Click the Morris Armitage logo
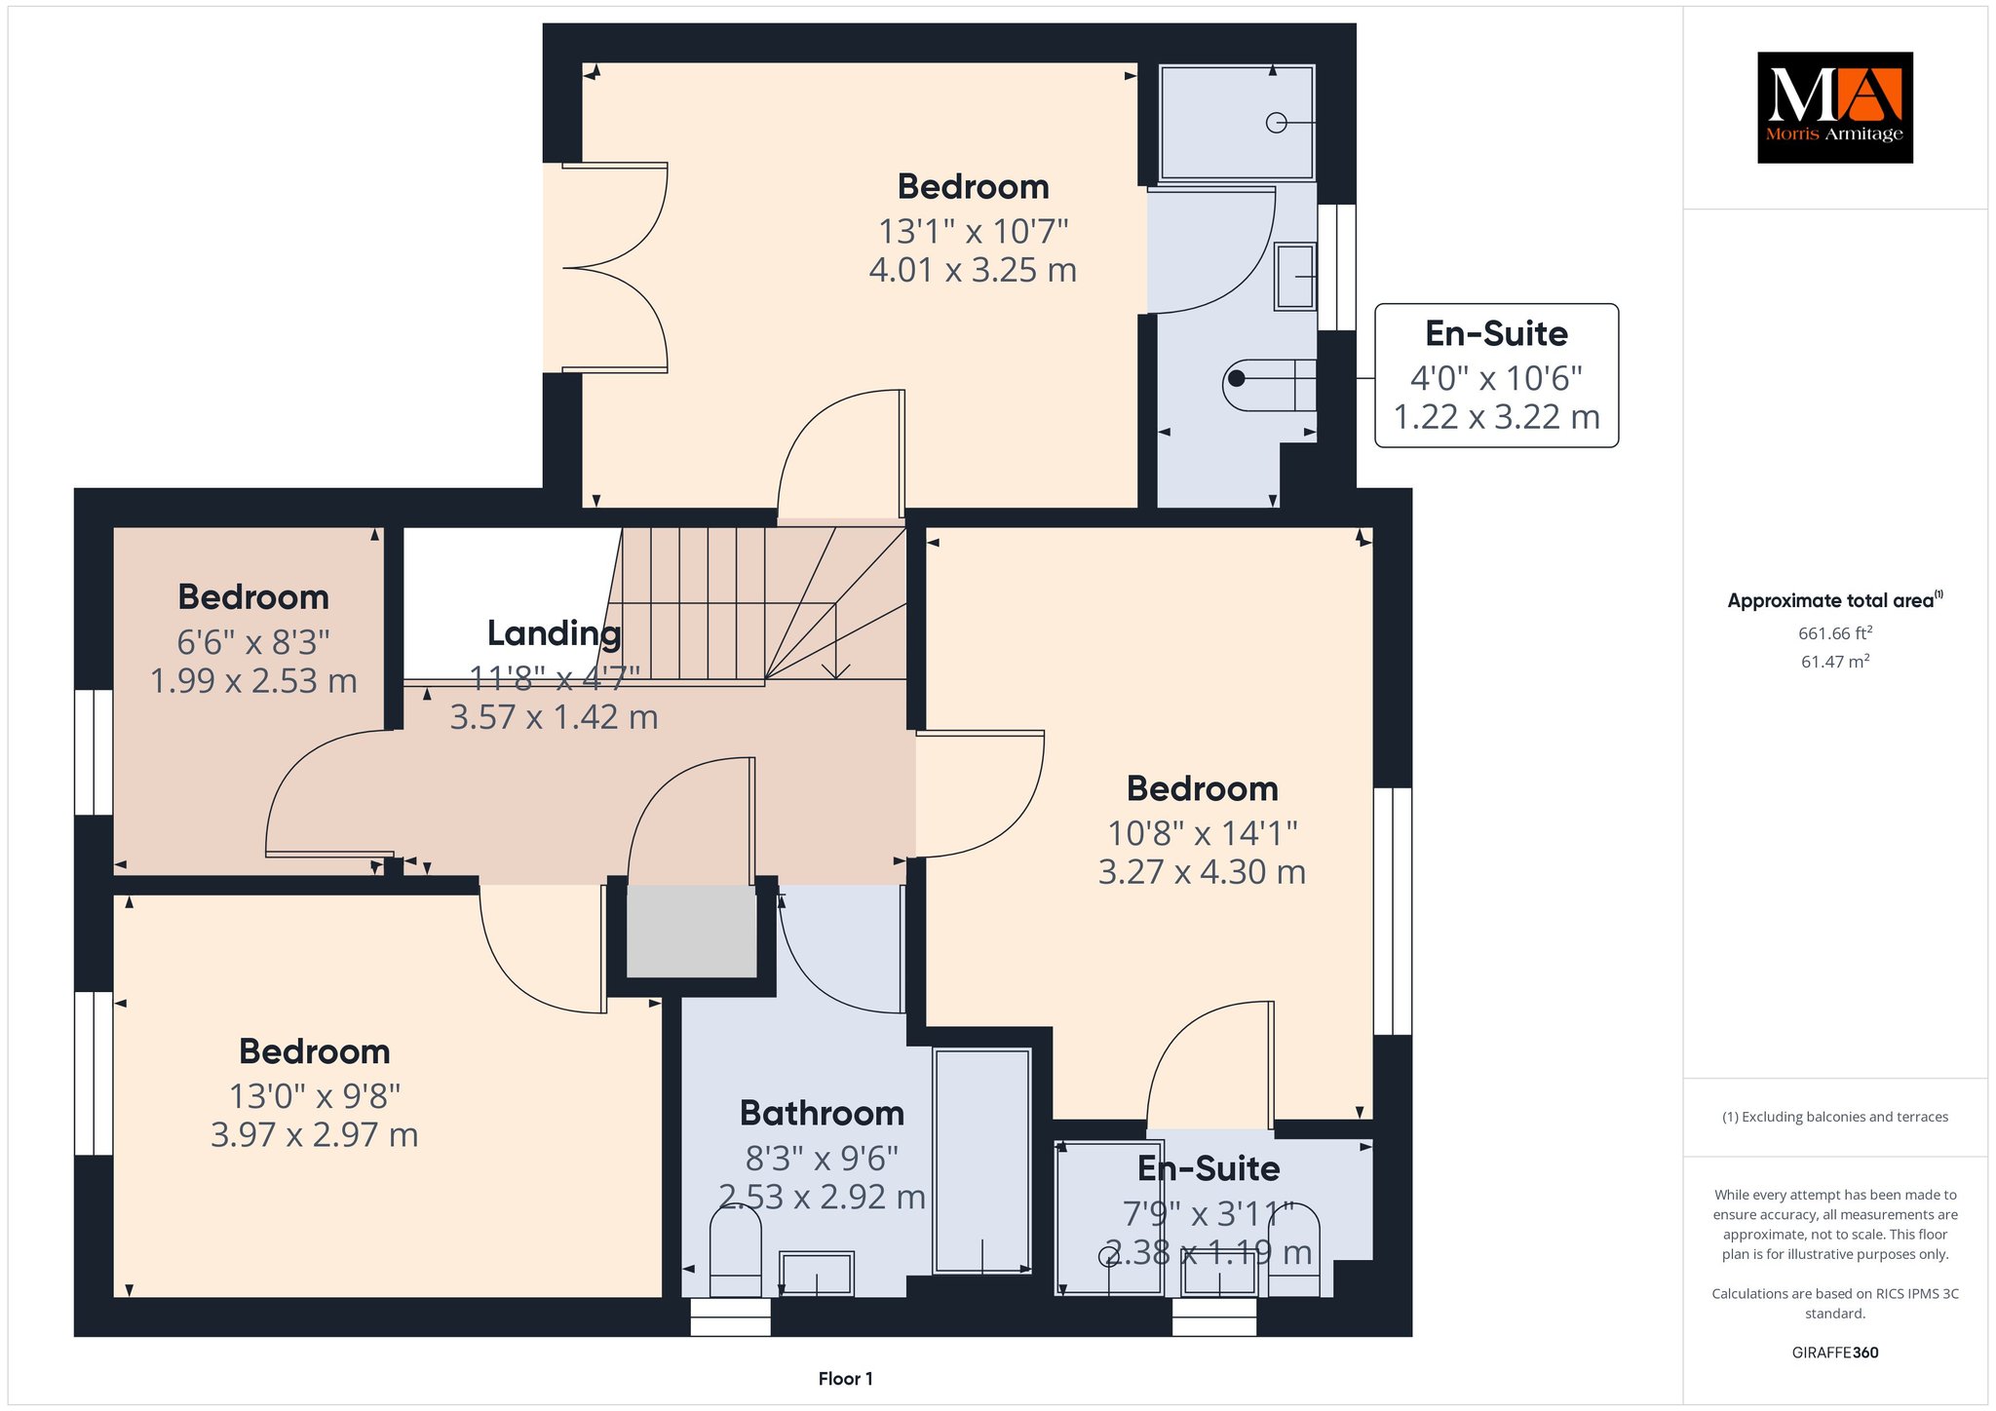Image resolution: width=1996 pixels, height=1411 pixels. (x=1834, y=107)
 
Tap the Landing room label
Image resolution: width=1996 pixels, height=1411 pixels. (x=554, y=633)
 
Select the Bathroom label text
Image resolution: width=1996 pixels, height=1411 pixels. (x=822, y=1113)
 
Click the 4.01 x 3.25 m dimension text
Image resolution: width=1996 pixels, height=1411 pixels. (x=973, y=270)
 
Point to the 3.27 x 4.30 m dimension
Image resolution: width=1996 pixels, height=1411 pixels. (x=1202, y=872)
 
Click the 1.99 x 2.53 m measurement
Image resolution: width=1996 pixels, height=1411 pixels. (x=253, y=681)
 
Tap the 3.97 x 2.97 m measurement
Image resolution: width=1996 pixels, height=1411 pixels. (x=314, y=1135)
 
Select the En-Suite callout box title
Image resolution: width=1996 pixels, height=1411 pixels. (x=1496, y=334)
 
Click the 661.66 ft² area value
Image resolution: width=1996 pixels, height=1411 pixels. (x=1835, y=633)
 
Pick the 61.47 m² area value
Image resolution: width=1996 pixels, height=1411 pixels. (x=1835, y=662)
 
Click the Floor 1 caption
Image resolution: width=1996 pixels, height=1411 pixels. (x=845, y=1379)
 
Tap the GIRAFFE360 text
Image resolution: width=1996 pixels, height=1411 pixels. (x=1835, y=1353)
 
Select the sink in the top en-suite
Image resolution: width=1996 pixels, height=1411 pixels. (x=1295, y=277)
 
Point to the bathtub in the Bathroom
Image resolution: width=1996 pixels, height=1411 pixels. (x=981, y=1162)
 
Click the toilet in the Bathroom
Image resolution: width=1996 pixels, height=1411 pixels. (x=735, y=1252)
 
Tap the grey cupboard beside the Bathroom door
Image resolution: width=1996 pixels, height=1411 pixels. (x=691, y=931)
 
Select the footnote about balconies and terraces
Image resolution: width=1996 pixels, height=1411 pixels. (x=1835, y=1117)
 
